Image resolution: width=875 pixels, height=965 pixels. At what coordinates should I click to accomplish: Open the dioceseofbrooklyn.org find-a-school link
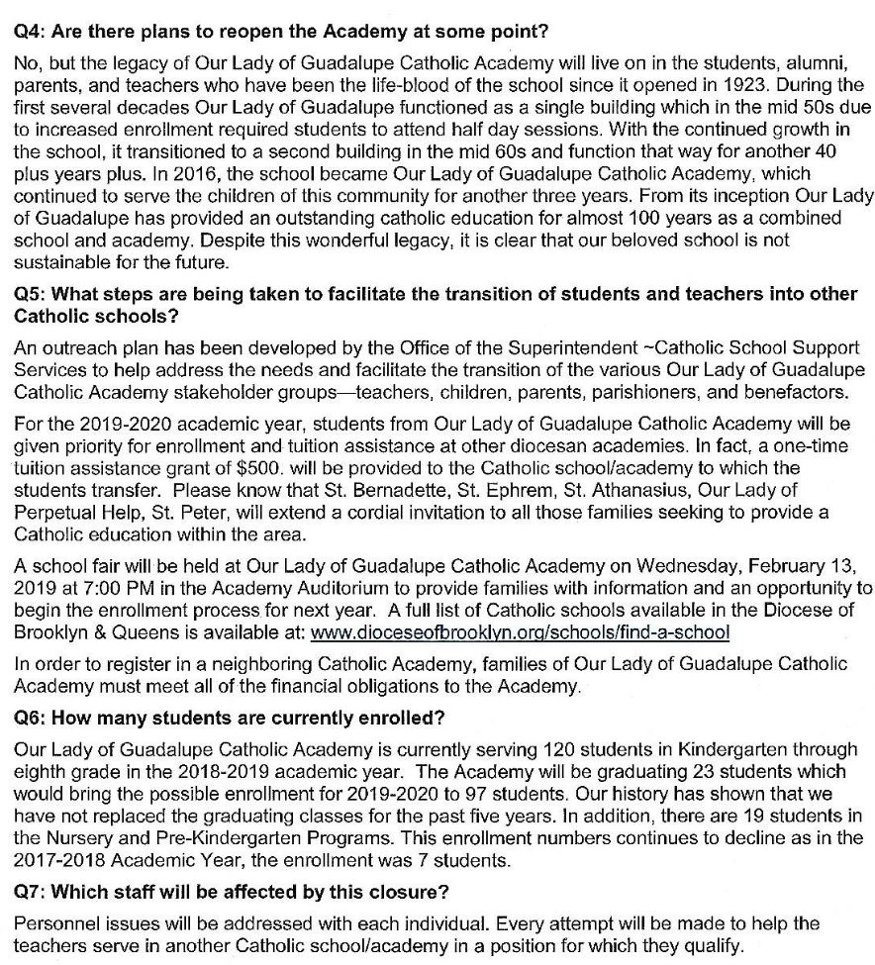tap(520, 631)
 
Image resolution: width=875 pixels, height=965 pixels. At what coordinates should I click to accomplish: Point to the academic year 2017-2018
tap(55, 859)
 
